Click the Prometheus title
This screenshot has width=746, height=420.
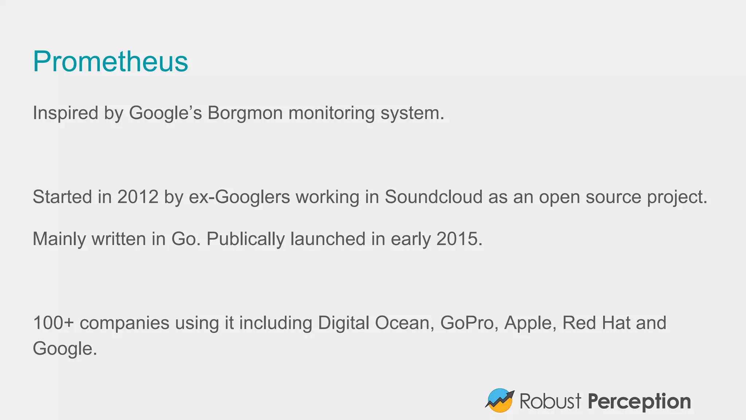[110, 61]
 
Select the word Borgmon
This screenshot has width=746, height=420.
[245, 113]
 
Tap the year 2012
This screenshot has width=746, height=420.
[138, 197]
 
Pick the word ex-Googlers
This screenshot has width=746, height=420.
[239, 197]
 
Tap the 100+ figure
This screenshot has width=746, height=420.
[53, 323]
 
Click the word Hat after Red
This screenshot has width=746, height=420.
[616, 323]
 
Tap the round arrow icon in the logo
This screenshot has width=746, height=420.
[499, 400]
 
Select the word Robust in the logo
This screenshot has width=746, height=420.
[550, 401]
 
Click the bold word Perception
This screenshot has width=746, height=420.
[639, 401]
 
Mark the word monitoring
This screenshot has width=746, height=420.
[331, 113]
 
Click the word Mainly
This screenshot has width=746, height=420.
[59, 239]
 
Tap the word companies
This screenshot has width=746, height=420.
[125, 323]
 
